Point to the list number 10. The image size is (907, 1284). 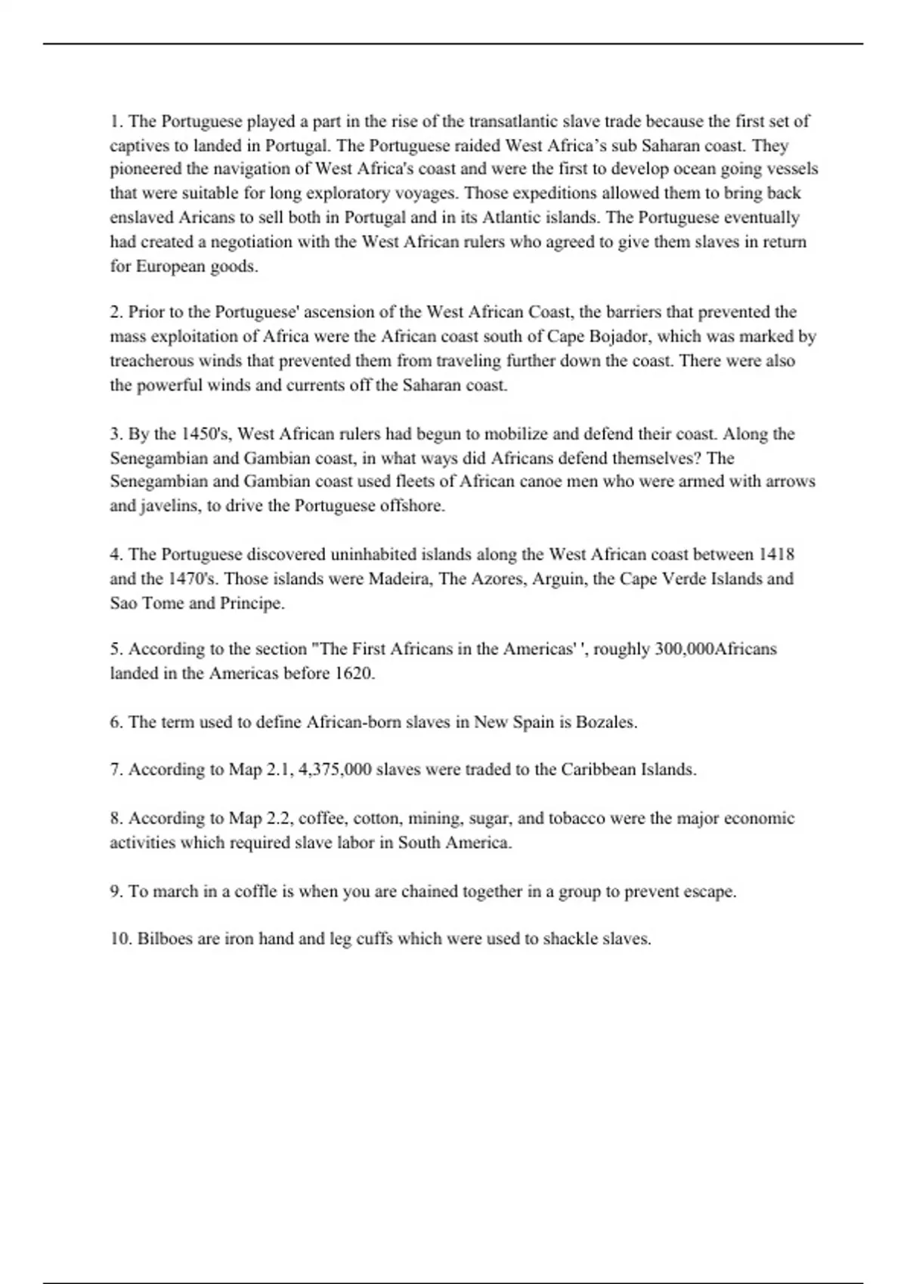coord(120,939)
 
